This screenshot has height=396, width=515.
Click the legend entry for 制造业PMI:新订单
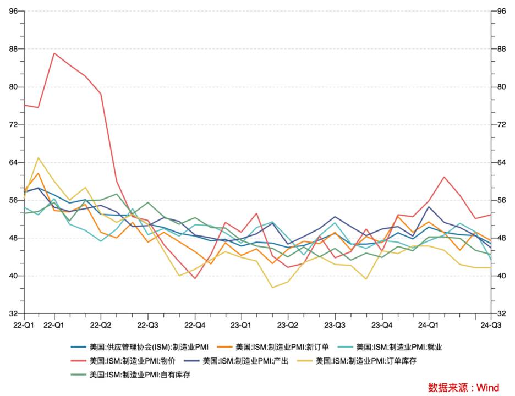tap(278, 347)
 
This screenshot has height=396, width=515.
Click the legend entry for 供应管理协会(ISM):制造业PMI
tap(140, 347)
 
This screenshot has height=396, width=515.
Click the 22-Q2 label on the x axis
tap(101, 324)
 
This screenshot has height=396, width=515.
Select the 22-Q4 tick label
tap(195, 324)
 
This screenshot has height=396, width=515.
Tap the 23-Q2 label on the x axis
tap(288, 324)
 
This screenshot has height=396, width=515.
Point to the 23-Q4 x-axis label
tap(382, 324)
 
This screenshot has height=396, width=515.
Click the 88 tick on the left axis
tap(13, 49)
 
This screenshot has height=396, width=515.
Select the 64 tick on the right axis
tap(502, 162)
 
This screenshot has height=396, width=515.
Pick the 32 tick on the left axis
tap(13, 313)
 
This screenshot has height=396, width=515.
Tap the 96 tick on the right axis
tap(502, 11)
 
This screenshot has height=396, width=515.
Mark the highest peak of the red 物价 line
tap(54, 53)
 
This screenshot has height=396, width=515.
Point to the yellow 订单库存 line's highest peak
tap(38, 158)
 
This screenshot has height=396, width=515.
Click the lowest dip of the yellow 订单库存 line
tap(272, 288)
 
